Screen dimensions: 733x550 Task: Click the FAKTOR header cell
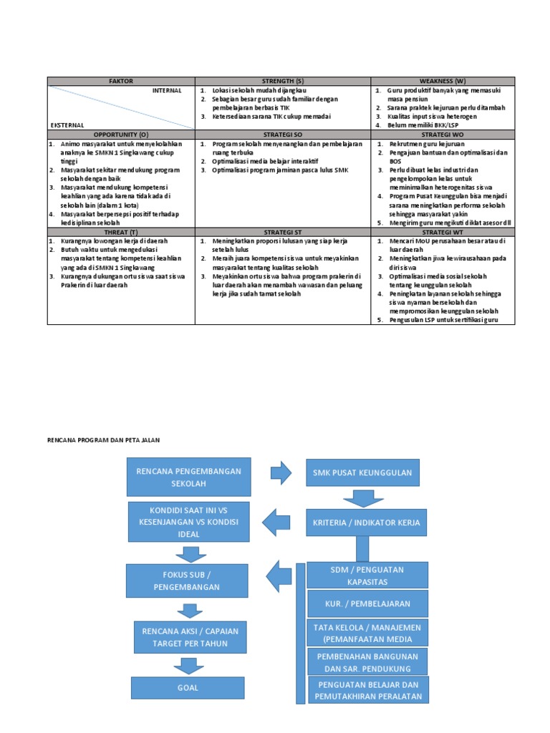tap(121, 82)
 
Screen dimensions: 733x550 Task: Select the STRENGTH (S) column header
tap(284, 82)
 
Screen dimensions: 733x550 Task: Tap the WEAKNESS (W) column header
tap(444, 82)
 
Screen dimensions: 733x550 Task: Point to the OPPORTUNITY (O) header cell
tap(121, 134)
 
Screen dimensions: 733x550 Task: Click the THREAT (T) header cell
tap(121, 231)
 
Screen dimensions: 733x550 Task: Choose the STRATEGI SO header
tap(284, 134)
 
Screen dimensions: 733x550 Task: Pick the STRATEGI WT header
tap(444, 231)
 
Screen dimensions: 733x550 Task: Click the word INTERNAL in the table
tap(166, 91)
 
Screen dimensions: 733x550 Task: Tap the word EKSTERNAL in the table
tap(67, 125)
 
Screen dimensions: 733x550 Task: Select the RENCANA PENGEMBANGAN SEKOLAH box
tap(188, 477)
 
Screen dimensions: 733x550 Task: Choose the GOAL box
tap(188, 687)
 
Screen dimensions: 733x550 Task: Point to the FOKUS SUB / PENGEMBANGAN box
tap(188, 581)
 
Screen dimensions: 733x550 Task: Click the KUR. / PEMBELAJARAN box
tap(367, 603)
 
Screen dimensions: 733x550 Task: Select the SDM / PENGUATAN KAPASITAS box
tap(367, 575)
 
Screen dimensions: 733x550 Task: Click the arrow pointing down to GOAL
tap(188, 665)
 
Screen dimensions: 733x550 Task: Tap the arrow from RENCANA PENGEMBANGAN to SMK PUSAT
tap(281, 472)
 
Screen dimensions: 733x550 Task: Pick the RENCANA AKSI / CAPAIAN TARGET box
tap(188, 636)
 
